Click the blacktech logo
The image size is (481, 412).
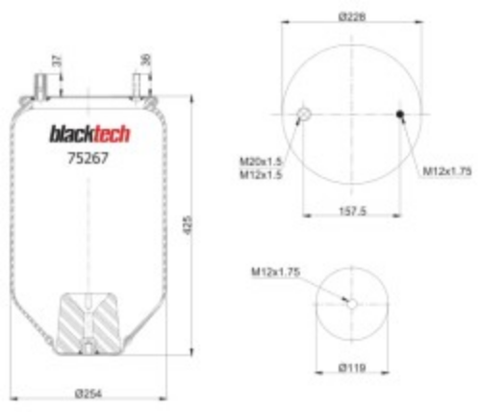[89, 134]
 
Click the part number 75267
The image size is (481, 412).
[89, 158]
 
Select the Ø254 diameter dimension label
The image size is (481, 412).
[89, 394]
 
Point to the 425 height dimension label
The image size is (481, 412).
[188, 225]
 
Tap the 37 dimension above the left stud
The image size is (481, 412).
[57, 61]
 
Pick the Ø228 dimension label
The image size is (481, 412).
[352, 16]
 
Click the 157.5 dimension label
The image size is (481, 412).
[352, 211]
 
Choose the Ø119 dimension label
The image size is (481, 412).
[352, 368]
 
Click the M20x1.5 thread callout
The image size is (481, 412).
[261, 162]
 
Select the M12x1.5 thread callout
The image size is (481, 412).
[261, 175]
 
